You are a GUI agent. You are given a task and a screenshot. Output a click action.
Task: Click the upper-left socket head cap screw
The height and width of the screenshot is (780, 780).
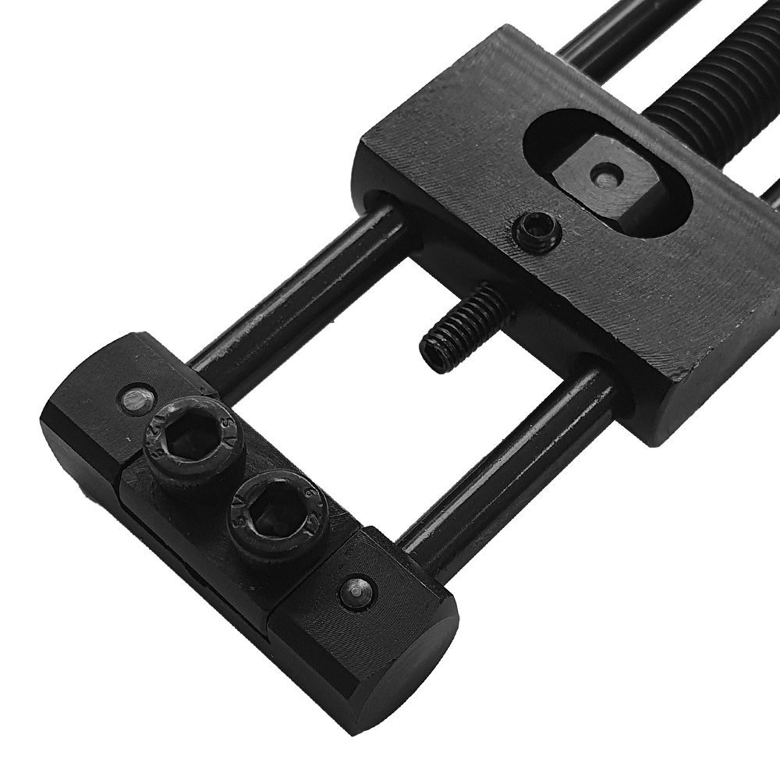[x=193, y=441]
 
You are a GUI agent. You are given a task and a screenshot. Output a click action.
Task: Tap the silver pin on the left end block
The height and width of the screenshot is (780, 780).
[x=135, y=400]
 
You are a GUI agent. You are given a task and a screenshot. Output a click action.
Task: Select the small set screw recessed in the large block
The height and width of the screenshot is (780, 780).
[x=536, y=232]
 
